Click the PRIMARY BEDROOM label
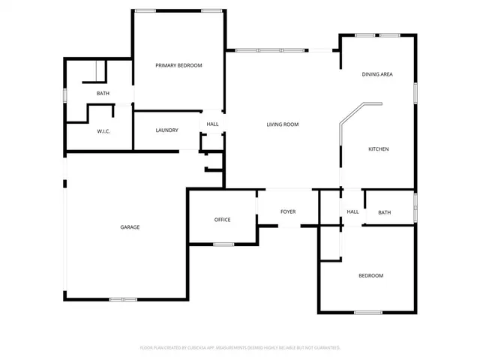click(x=178, y=66)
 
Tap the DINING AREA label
click(x=377, y=74)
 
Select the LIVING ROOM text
click(x=283, y=124)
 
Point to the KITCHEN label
click(x=378, y=149)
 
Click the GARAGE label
click(x=130, y=227)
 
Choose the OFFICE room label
click(x=222, y=220)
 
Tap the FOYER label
click(x=288, y=212)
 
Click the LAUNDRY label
click(x=166, y=130)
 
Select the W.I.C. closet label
click(x=103, y=131)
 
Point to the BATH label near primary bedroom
click(x=103, y=94)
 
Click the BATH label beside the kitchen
click(x=384, y=213)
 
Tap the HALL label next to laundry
click(x=213, y=124)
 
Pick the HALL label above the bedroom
click(x=352, y=212)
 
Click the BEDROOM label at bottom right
click(x=370, y=276)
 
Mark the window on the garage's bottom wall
click(x=123, y=300)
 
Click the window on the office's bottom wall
click(x=223, y=244)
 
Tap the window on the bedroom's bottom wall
click(x=368, y=312)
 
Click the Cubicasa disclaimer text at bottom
click(x=240, y=348)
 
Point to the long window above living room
click(x=269, y=50)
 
